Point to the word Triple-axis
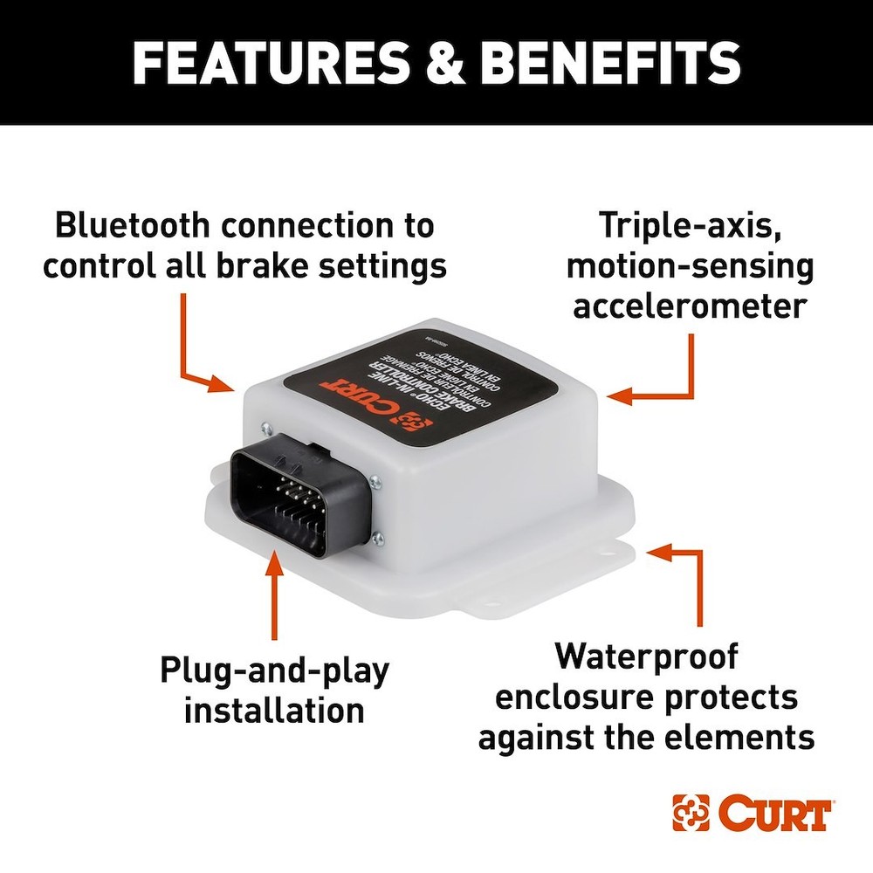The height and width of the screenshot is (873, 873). pyautogui.click(x=689, y=225)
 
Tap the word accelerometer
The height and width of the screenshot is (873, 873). pyautogui.click(x=690, y=307)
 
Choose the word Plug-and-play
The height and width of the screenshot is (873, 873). pyautogui.click(x=274, y=670)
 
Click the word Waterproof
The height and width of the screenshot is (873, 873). pyautogui.click(x=646, y=656)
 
